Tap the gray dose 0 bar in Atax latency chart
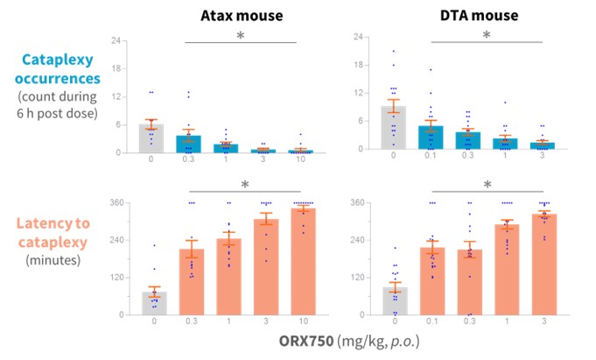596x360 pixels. (x=155, y=303)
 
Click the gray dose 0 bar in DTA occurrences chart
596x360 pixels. (x=394, y=128)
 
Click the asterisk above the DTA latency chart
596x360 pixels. (x=487, y=185)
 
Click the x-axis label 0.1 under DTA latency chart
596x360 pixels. (x=431, y=323)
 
